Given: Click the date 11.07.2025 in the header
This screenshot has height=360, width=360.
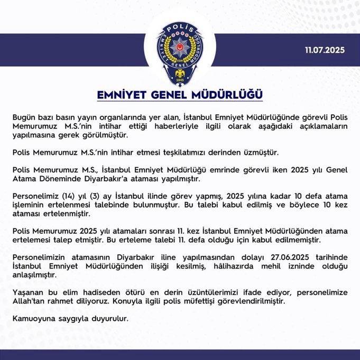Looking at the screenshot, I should [x=324, y=51].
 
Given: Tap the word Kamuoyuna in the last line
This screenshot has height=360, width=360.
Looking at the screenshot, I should [x=31, y=319].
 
